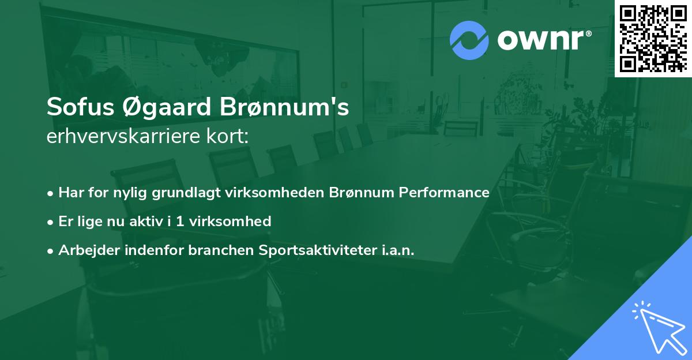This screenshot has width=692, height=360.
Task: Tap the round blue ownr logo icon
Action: coord(469,40)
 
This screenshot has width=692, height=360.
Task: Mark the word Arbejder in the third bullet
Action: coord(84,250)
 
